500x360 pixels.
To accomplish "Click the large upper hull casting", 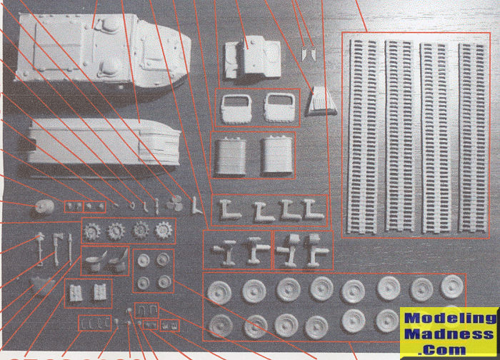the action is pos(102,51).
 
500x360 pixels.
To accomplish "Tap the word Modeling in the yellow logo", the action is pos(450,318).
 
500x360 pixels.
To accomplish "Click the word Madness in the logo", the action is pos(449,334).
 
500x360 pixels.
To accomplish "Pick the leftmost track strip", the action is pos(363,136).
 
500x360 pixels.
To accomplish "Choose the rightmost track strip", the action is pos(473,137).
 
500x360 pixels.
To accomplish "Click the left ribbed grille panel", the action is pos(231,156).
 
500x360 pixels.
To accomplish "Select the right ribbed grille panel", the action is pos(277,156).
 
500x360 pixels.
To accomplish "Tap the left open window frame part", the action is pos(236,109).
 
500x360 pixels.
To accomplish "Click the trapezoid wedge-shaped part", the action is pos(322,101).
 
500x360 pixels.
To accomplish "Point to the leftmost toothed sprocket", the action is pos(92,231).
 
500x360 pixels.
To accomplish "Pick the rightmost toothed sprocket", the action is pos(164,230).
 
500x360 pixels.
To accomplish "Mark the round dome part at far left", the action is pos(44,208).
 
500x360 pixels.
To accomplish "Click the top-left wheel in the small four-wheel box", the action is pos(144,260).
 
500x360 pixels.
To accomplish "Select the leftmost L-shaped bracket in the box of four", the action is pos(229,210).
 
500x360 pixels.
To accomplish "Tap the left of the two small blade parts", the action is pos(304,54).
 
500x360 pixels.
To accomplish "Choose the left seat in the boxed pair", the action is pos(95,261).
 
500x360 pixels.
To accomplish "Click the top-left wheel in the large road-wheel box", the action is pos(219,291).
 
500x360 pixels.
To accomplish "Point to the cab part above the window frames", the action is pos(253,57).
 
